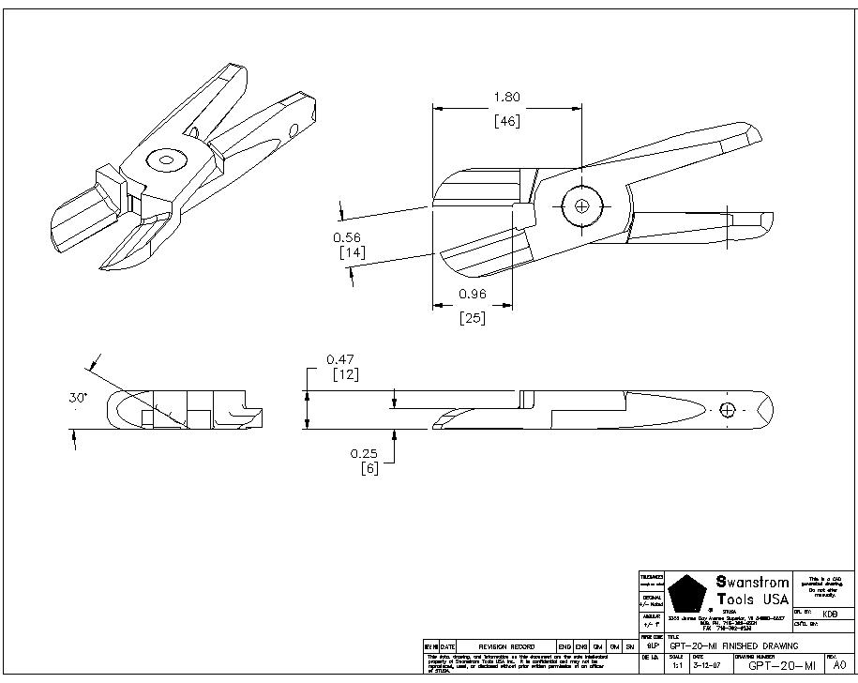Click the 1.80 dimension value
[506, 97]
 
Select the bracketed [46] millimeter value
[506, 121]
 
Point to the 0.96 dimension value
[473, 294]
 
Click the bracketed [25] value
[473, 318]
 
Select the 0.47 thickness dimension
[339, 358]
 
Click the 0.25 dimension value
[365, 453]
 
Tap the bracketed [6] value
[369, 468]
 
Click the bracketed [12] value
[347, 374]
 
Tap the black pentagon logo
[687, 592]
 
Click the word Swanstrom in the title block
[753, 582]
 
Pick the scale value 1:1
[677, 665]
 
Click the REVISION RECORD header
[506, 646]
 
